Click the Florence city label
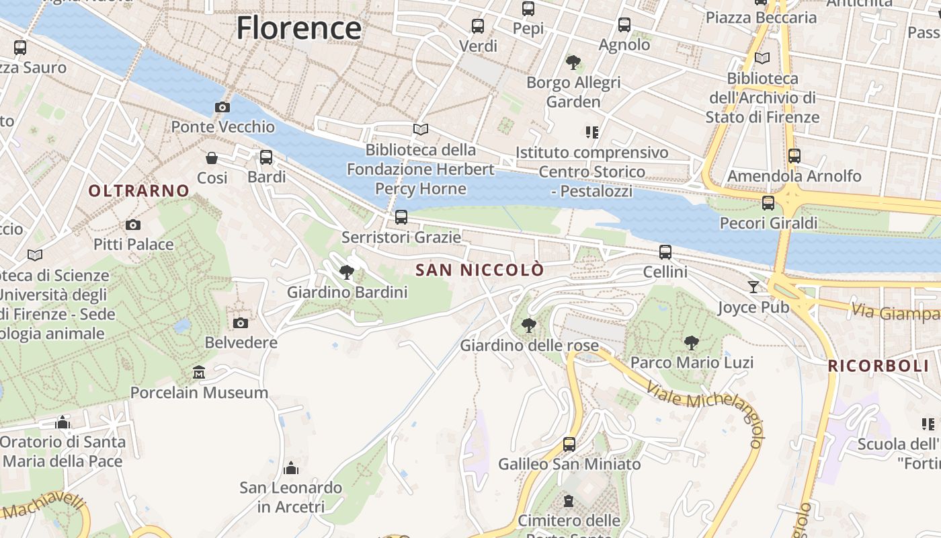point(299,28)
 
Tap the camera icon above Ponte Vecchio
point(222,107)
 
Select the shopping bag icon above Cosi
point(212,158)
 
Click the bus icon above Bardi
point(266,157)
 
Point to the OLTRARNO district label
point(139,191)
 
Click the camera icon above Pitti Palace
point(133,225)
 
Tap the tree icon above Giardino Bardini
point(347,272)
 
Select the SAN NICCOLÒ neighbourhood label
point(480,270)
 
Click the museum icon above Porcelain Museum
point(199,372)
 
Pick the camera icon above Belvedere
point(241,323)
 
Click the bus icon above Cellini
point(665,252)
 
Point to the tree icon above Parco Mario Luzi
point(691,343)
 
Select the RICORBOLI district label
point(878,367)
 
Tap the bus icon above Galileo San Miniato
point(569,444)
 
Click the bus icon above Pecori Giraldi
point(768,203)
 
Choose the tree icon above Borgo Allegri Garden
point(573,63)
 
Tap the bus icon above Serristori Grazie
point(401,217)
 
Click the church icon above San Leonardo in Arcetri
point(291,467)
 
